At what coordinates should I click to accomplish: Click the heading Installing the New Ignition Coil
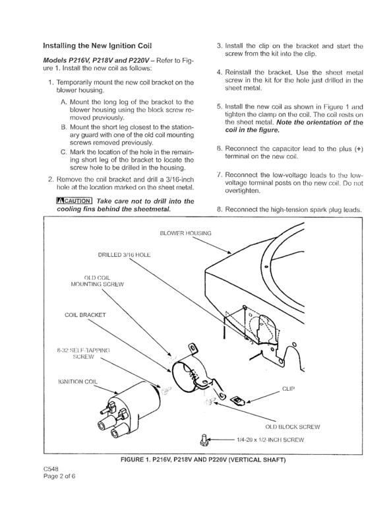tap(97, 46)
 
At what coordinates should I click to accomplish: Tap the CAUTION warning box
tap(75, 201)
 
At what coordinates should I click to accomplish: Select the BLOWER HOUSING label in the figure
tap(186, 233)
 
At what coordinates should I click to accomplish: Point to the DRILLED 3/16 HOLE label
tap(124, 255)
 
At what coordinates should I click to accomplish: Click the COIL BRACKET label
tap(85, 315)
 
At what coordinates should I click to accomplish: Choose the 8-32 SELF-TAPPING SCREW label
tap(83, 353)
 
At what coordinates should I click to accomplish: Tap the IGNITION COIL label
tap(78, 382)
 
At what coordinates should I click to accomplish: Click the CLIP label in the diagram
tap(288, 389)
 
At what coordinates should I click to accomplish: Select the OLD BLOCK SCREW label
tap(293, 427)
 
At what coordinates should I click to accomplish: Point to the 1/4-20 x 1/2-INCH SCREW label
tap(270, 440)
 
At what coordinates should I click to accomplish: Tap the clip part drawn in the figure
tap(237, 401)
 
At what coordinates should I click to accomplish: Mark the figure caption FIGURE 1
tap(203, 459)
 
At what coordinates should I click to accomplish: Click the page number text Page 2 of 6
tap(59, 475)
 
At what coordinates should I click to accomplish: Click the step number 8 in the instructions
tap(219, 209)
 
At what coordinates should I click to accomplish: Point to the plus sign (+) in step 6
tap(359, 149)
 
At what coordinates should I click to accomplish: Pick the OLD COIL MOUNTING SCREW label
tap(97, 281)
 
